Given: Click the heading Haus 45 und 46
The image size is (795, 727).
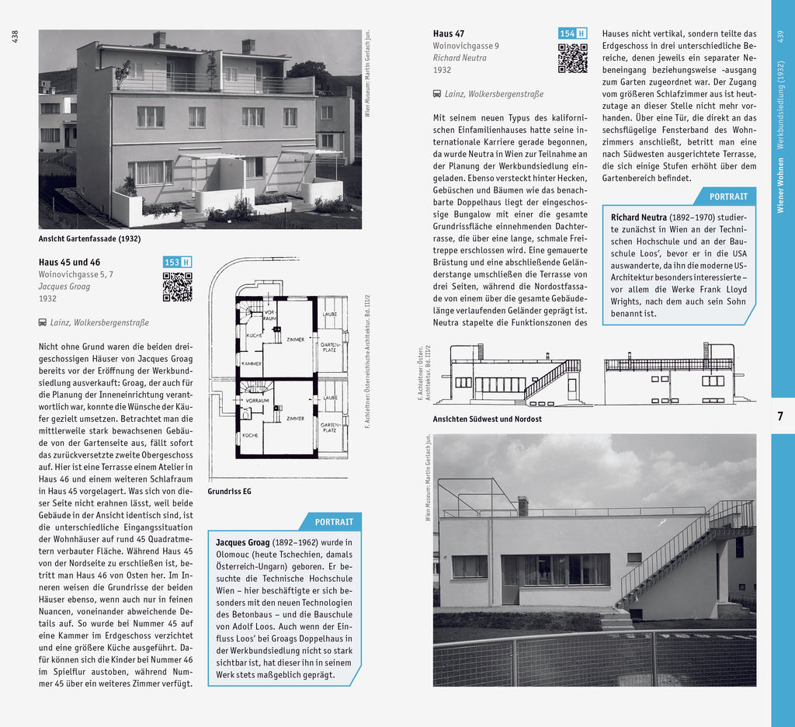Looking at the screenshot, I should (69, 263).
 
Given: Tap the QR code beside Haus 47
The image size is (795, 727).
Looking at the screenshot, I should (572, 58).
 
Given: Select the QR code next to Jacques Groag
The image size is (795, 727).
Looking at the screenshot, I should (177, 287).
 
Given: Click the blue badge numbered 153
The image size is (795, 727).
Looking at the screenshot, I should (176, 263).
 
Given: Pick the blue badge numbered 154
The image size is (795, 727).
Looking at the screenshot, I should (572, 33).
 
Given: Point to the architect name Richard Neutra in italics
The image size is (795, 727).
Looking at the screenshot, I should (460, 58).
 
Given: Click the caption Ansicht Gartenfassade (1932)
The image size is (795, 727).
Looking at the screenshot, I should (89, 239).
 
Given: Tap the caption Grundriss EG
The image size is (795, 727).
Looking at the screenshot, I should (230, 492).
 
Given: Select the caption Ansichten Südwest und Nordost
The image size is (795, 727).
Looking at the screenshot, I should (487, 419).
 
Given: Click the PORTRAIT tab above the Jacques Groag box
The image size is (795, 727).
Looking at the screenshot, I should (334, 522).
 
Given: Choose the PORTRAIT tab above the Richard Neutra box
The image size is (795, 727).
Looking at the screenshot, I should (728, 197).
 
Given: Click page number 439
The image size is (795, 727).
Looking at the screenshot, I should (781, 37).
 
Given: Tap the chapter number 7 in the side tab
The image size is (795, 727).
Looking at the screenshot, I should (780, 417).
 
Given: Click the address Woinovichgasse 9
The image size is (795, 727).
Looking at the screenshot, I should (466, 46).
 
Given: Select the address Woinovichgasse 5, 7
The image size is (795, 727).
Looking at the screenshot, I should (75, 275).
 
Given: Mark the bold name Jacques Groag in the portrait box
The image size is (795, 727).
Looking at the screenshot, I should (241, 542).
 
